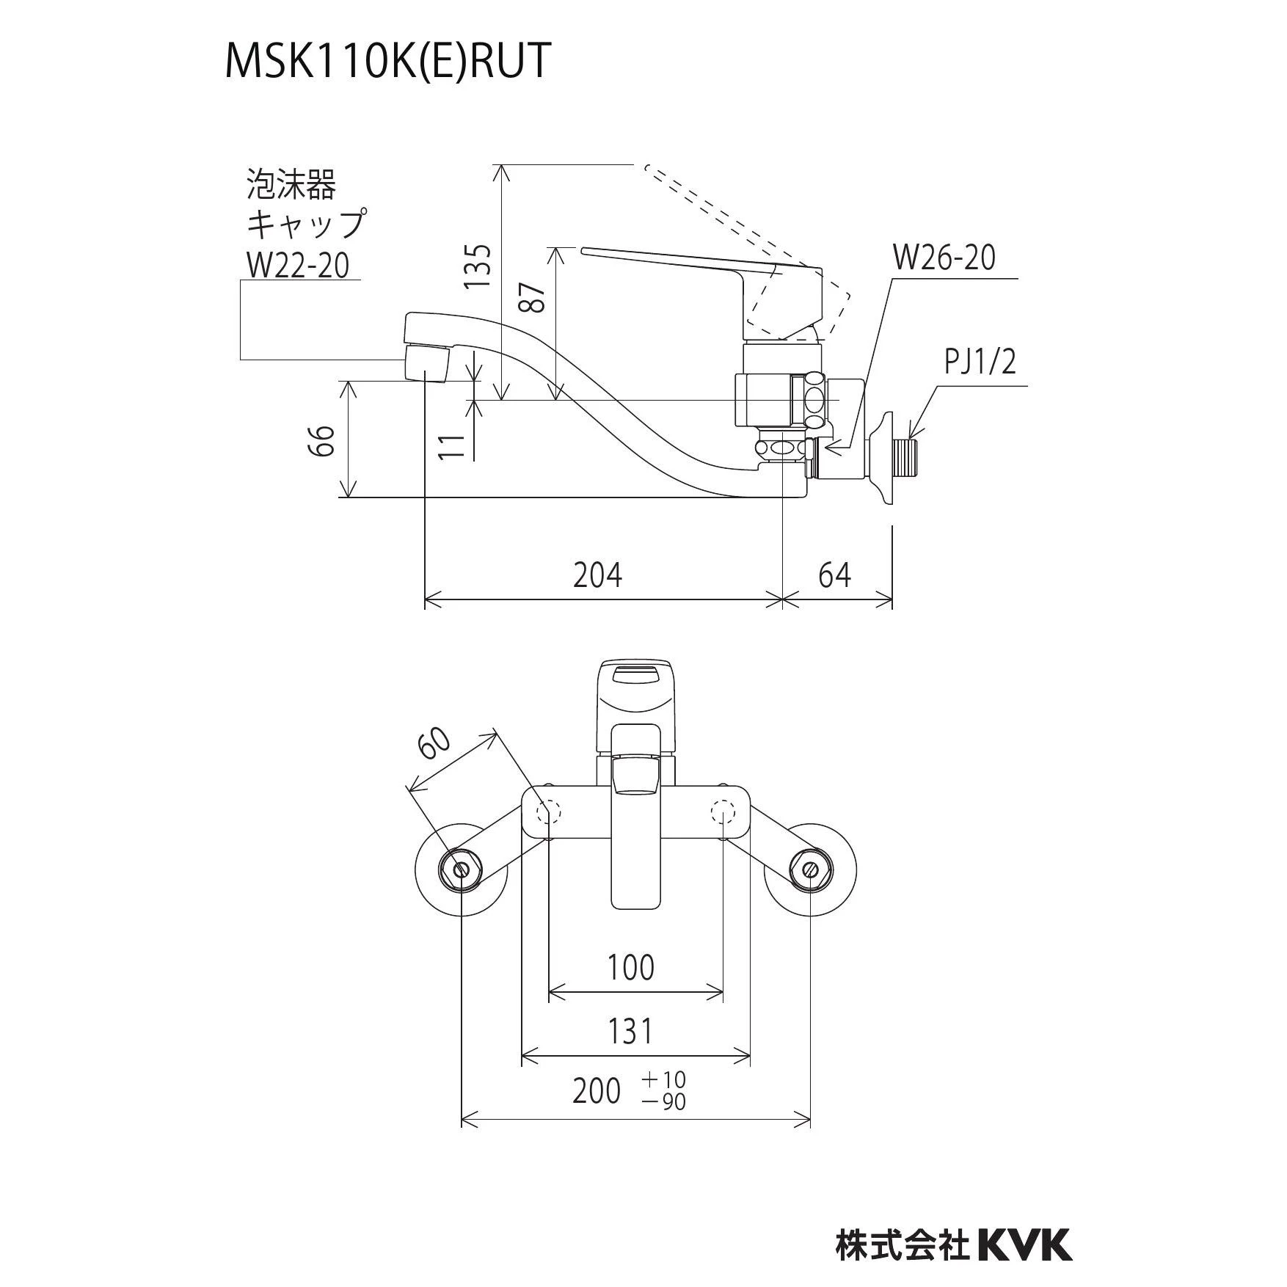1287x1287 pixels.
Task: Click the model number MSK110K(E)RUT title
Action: [387, 62]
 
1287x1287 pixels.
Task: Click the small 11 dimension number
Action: [453, 446]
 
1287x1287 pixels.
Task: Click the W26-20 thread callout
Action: [944, 258]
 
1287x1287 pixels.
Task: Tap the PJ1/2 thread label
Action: [980, 362]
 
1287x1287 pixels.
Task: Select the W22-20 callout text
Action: [297, 264]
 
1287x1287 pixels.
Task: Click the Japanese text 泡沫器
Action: [291, 184]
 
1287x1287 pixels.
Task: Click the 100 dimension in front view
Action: [631, 968]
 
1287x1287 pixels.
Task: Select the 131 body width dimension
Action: [630, 1032]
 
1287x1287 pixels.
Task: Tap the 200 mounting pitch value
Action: [597, 1093]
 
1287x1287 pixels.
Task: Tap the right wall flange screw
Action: [810, 869]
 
